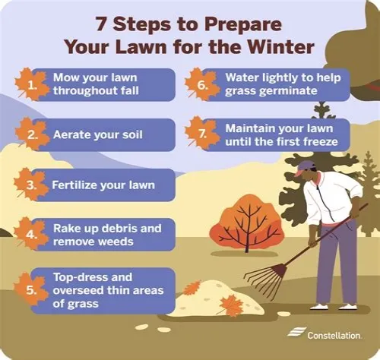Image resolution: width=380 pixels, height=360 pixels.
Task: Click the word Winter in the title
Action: click(x=280, y=47)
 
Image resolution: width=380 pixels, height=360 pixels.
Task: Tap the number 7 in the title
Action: click(x=101, y=24)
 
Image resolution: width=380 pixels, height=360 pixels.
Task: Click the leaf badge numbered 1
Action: click(x=31, y=84)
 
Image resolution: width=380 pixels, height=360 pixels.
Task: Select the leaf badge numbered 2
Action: click(x=32, y=134)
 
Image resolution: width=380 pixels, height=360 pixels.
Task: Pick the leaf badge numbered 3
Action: click(x=31, y=185)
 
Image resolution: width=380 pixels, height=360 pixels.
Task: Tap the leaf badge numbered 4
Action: click(x=31, y=234)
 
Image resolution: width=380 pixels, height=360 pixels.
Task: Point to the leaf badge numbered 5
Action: click(x=31, y=289)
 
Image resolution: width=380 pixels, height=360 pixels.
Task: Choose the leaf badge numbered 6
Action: click(x=202, y=84)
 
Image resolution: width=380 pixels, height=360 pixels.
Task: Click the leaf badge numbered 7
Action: click(x=202, y=134)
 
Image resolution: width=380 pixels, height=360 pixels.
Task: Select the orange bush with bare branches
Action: click(x=247, y=223)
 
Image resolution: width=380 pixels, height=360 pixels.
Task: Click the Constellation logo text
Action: click(x=334, y=336)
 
